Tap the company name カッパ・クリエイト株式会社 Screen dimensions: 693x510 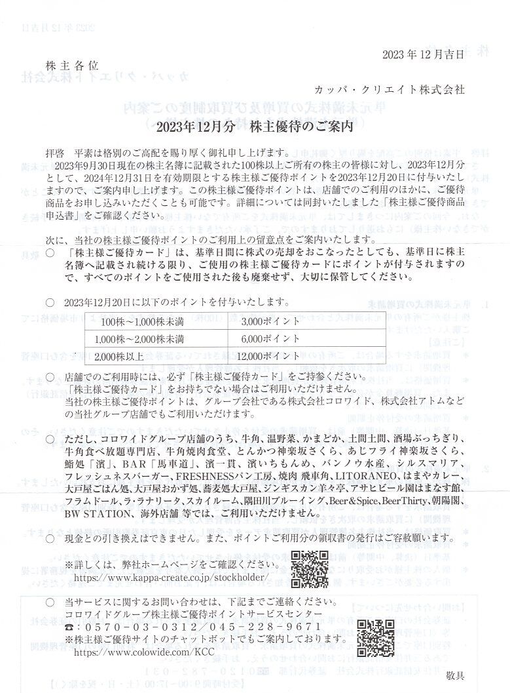[389, 90]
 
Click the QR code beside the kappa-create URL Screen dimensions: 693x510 [310, 569]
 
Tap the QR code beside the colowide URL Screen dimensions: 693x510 [376, 638]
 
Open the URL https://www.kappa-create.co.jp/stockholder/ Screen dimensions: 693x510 [172, 578]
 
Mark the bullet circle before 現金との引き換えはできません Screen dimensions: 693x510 [50, 538]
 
